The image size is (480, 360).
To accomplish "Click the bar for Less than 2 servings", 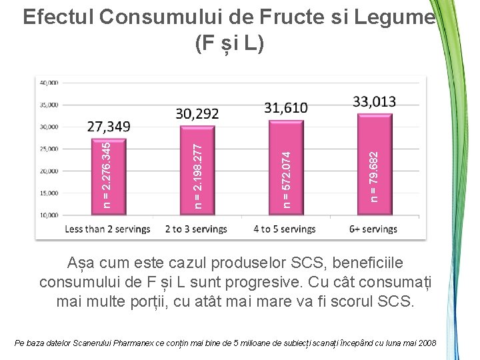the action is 109,177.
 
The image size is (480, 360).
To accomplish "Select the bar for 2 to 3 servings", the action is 197,171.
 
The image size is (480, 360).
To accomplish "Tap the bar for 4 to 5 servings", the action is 286,168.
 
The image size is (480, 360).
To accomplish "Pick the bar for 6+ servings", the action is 375,165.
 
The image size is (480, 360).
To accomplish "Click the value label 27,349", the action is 109,127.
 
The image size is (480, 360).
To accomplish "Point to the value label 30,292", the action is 197,113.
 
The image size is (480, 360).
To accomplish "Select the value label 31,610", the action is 286,108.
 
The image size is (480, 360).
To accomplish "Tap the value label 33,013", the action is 375,101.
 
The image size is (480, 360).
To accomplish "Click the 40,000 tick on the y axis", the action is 49,83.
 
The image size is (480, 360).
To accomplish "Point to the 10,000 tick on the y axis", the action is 49,215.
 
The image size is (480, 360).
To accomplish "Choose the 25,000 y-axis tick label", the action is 49,149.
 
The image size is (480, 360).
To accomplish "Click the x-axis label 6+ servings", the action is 373,229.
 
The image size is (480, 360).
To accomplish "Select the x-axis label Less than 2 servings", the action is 107,229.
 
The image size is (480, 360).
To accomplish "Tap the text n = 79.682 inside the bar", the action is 374,177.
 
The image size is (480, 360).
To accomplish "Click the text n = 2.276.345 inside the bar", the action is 107,175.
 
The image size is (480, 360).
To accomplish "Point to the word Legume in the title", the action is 395,17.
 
